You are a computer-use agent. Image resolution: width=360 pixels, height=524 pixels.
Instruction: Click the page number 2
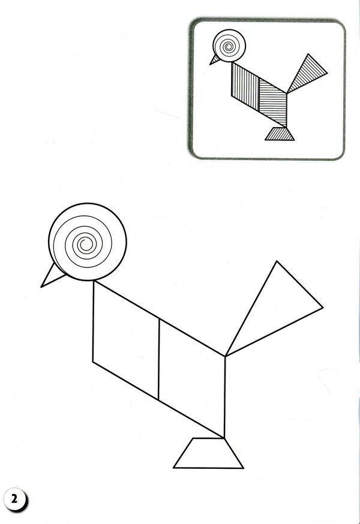[14, 499]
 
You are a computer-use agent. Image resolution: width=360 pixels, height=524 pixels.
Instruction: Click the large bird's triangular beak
[53, 277]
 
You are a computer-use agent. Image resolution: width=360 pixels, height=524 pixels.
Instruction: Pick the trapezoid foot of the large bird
[208, 453]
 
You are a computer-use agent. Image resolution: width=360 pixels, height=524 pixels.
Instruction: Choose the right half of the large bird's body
[191, 378]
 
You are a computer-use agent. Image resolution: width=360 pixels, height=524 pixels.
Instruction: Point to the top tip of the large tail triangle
[277, 261]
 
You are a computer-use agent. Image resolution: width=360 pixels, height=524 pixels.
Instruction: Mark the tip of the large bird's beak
[41, 287]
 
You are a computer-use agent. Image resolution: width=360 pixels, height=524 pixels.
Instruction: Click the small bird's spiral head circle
[229, 46]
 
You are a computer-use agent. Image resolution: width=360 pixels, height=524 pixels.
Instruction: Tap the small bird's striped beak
[215, 60]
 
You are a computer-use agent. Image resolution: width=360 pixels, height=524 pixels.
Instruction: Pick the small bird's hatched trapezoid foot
[280, 134]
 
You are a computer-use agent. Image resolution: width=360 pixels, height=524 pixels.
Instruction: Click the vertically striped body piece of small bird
[245, 86]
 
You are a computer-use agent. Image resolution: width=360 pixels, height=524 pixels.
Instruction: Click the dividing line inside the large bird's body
[159, 359]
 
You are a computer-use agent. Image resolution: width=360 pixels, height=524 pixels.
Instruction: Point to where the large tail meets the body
[226, 356]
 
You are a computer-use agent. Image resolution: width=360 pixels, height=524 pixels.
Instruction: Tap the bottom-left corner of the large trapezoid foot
[173, 468]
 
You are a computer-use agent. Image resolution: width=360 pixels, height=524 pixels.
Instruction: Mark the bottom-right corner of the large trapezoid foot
[243, 468]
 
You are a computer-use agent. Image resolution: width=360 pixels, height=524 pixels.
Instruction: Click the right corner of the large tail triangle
[323, 308]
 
